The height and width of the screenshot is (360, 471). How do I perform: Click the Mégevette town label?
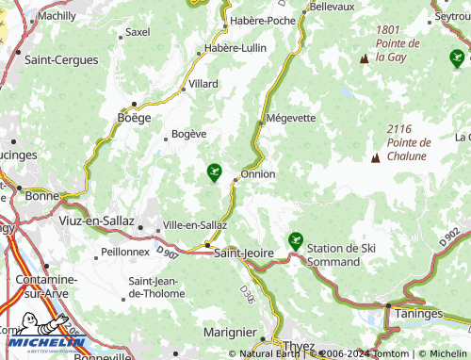click(x=291, y=118)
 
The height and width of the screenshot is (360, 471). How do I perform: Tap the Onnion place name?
click(x=258, y=173)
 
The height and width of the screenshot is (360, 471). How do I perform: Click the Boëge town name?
click(x=133, y=118)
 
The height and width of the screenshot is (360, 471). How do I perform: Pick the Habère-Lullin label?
click(x=235, y=48)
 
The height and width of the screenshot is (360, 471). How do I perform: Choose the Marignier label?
click(x=230, y=332)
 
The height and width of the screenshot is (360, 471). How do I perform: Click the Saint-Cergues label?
click(x=61, y=59)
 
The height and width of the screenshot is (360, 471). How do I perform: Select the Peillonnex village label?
click(x=124, y=253)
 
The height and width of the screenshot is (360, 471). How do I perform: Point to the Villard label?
click(x=203, y=84)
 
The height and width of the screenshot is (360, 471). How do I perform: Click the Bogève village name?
click(x=189, y=134)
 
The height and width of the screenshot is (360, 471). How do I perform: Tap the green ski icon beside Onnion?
click(x=215, y=172)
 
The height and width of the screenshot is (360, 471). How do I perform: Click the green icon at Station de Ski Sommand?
click(x=296, y=240)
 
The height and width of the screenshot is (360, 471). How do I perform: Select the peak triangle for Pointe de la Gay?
click(x=365, y=59)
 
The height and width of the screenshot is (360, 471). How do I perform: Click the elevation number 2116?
click(x=399, y=128)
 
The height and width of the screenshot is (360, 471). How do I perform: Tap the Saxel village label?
click(x=138, y=32)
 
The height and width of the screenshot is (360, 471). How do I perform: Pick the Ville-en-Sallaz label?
click(x=195, y=225)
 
